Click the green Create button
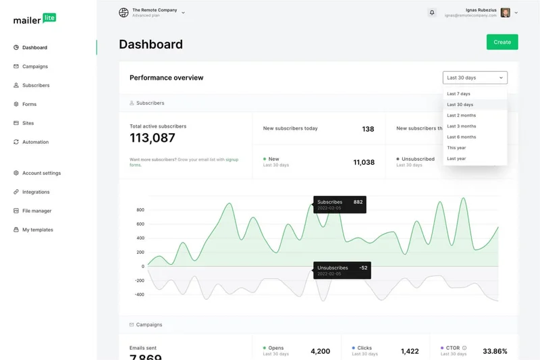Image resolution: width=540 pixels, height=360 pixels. [x=502, y=42]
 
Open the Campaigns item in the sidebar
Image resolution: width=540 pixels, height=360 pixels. [x=34, y=66]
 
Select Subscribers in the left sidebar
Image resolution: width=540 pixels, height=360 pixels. [x=36, y=85]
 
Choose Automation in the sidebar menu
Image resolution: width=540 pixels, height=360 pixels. [x=35, y=142]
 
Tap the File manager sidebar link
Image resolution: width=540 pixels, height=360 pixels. [x=36, y=211]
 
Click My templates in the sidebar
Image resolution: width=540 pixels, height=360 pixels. [x=37, y=230]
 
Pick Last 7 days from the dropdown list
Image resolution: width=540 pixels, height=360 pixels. [x=458, y=94]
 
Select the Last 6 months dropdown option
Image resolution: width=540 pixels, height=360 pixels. [x=461, y=137]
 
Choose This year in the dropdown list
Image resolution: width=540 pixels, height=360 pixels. [x=456, y=148]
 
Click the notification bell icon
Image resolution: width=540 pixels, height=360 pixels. [x=432, y=13]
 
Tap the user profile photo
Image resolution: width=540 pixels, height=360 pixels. [x=506, y=13]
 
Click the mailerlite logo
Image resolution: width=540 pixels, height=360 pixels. [x=34, y=19]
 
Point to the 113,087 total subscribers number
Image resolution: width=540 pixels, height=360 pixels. [x=153, y=138]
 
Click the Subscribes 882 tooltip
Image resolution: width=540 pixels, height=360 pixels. [x=340, y=204]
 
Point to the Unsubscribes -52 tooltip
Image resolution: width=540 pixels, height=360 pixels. [x=342, y=270]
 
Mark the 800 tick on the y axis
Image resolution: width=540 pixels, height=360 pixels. [x=140, y=209]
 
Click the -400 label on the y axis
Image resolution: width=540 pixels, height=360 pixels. [x=139, y=294]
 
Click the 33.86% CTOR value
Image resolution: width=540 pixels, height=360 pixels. [x=495, y=351]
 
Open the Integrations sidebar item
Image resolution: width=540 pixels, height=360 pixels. [x=36, y=192]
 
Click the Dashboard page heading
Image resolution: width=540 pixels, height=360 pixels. [x=151, y=45]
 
